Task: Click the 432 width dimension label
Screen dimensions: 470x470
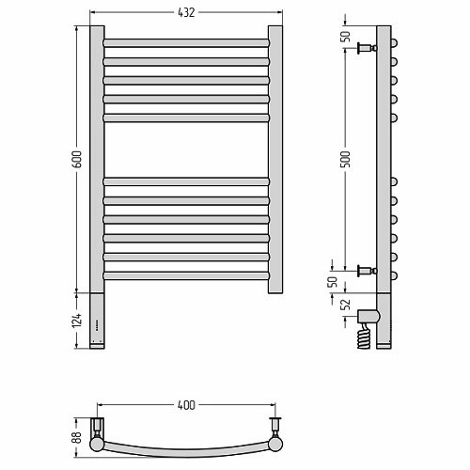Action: tap(186, 12)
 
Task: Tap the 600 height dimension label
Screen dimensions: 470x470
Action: tap(77, 159)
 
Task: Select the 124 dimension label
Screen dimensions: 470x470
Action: tap(77, 321)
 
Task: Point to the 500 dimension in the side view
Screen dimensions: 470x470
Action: tap(345, 159)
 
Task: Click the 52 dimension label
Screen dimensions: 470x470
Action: tap(345, 305)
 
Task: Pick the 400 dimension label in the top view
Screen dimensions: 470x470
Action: tap(186, 405)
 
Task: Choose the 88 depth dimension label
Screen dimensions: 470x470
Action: tap(77, 437)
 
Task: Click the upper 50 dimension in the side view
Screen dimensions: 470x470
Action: tap(345, 37)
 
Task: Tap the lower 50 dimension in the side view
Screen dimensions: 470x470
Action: tap(333, 282)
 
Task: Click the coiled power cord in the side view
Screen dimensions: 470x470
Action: tap(364, 337)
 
